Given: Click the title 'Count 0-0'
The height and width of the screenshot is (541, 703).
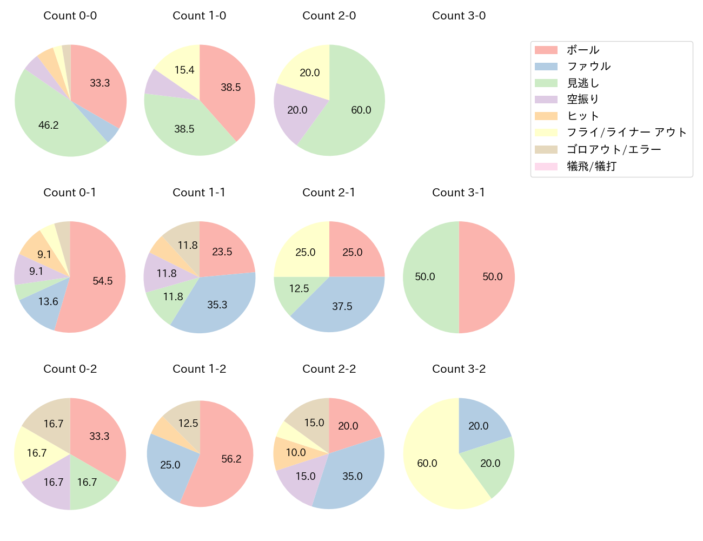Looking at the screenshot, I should (70, 16).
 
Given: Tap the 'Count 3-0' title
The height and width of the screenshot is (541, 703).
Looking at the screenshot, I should (459, 16).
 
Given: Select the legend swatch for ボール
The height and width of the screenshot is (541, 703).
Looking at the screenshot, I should (546, 50).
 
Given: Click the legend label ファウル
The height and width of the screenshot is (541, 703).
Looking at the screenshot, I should (588, 67).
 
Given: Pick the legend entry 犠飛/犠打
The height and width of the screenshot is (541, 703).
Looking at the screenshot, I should (591, 166).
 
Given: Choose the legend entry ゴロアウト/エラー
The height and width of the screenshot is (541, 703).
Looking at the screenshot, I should (613, 149).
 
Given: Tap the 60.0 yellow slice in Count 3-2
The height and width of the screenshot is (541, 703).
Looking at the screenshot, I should (433, 471).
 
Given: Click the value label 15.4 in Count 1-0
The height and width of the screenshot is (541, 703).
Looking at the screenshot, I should (184, 70).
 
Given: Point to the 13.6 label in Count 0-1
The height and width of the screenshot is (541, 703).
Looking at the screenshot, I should (48, 301).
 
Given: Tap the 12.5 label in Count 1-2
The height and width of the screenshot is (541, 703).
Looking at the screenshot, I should (188, 423).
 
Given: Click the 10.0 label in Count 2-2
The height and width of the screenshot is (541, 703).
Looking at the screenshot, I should (296, 452).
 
